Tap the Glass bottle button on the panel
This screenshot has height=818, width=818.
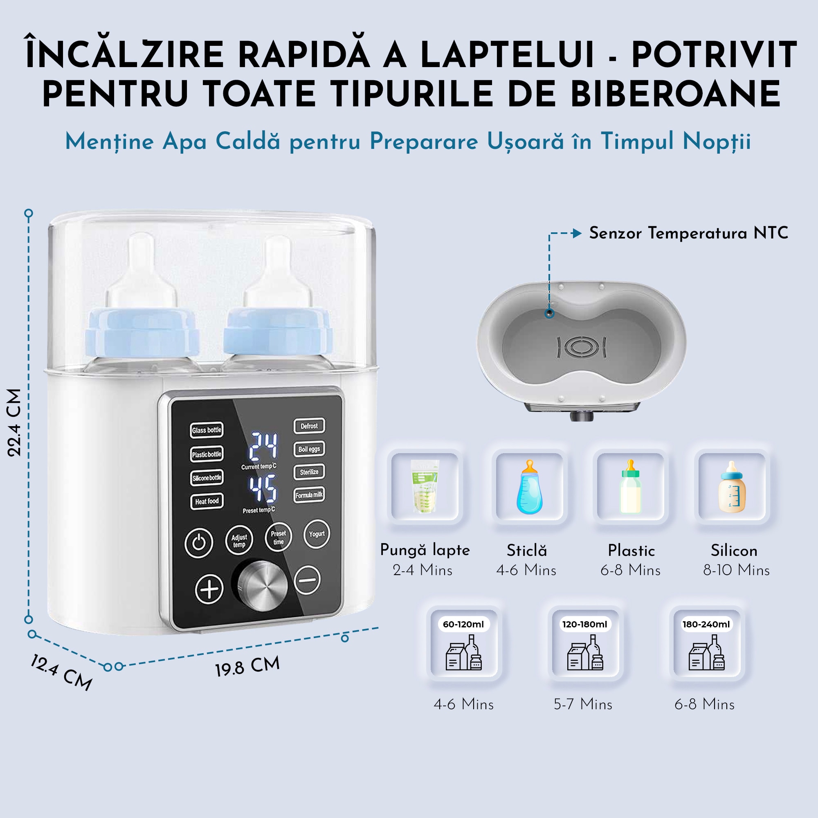click(x=206, y=430)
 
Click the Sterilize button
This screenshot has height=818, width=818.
click(x=309, y=472)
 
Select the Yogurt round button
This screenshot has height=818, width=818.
click(x=317, y=534)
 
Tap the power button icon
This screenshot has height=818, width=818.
click(x=199, y=542)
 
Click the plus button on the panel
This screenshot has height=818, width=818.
click(x=209, y=589)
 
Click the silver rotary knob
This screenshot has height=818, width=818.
click(x=263, y=586)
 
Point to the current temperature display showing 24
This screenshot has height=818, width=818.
click(x=263, y=446)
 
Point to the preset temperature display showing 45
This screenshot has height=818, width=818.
click(x=263, y=489)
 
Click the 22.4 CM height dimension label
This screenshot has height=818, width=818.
click(x=14, y=422)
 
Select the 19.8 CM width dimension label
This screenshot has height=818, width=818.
click(x=248, y=666)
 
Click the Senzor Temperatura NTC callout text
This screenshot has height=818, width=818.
click(x=688, y=233)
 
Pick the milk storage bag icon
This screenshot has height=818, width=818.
click(x=425, y=486)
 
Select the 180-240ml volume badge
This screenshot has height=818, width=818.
click(x=706, y=624)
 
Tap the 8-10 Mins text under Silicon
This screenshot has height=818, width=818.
click(x=736, y=570)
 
